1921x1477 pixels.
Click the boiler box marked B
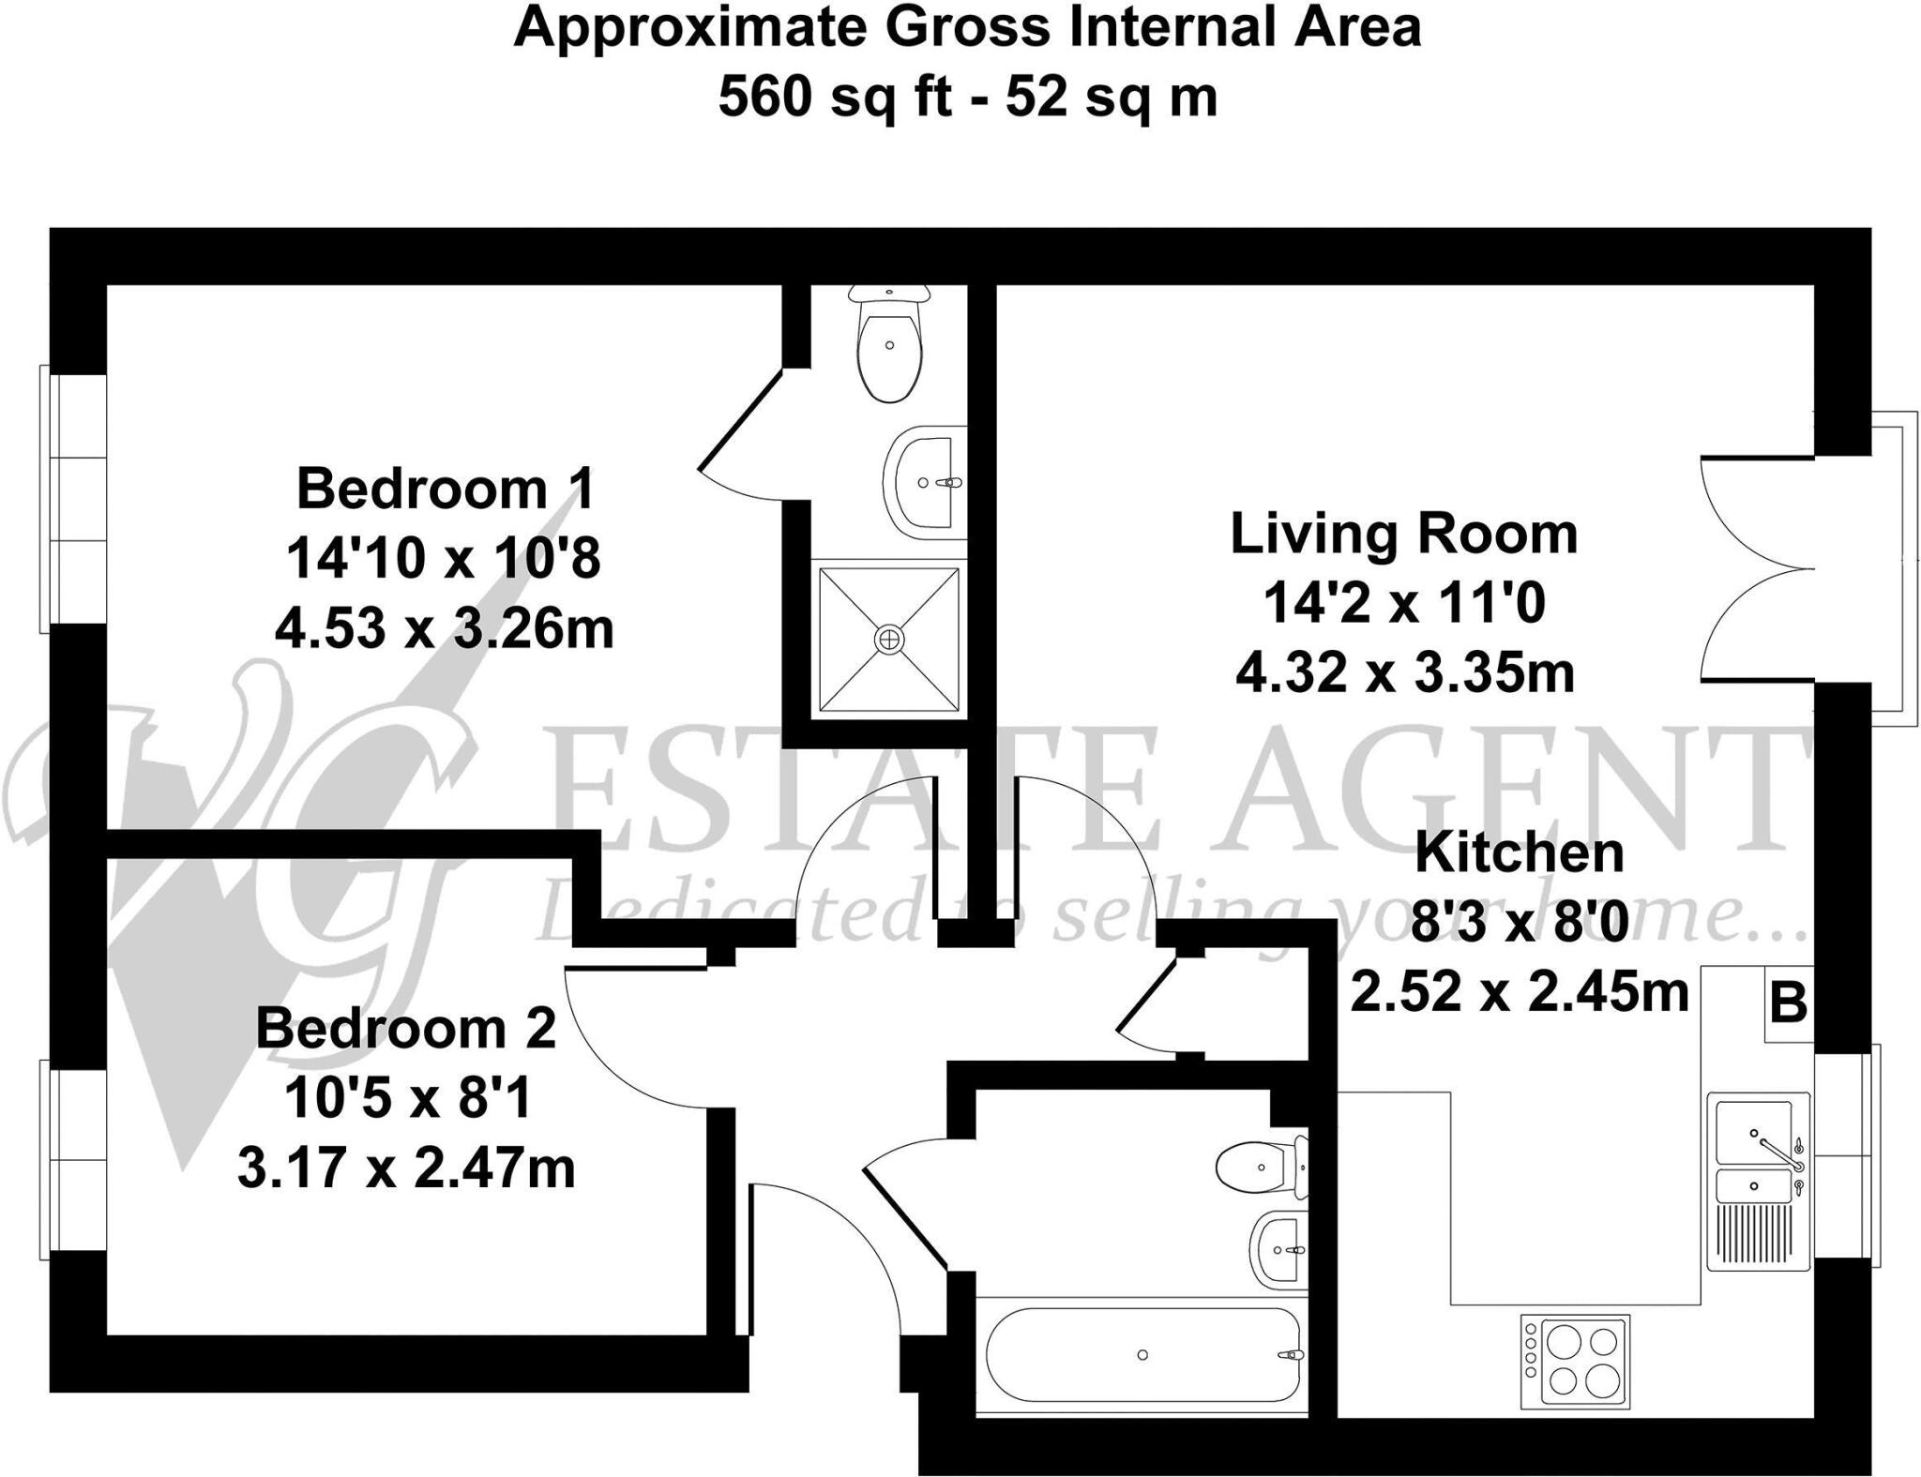1788,1004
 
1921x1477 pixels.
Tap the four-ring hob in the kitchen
1575,1362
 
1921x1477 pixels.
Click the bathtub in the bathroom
1142,1354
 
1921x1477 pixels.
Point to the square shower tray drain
888,640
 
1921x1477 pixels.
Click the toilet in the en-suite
889,345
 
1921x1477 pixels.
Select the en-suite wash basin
925,482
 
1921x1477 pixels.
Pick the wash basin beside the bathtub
1277,1250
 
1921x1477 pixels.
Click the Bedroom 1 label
446,489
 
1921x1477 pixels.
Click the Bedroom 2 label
405,1028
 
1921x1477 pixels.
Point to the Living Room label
1403,534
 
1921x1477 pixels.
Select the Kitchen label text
1519,852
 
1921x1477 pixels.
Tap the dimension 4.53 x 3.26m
444,628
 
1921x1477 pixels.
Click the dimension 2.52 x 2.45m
1519,991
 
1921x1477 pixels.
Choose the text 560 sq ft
835,97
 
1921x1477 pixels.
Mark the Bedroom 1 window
73,498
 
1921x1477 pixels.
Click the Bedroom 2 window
73,1160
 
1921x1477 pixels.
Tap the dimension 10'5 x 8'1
407,1098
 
